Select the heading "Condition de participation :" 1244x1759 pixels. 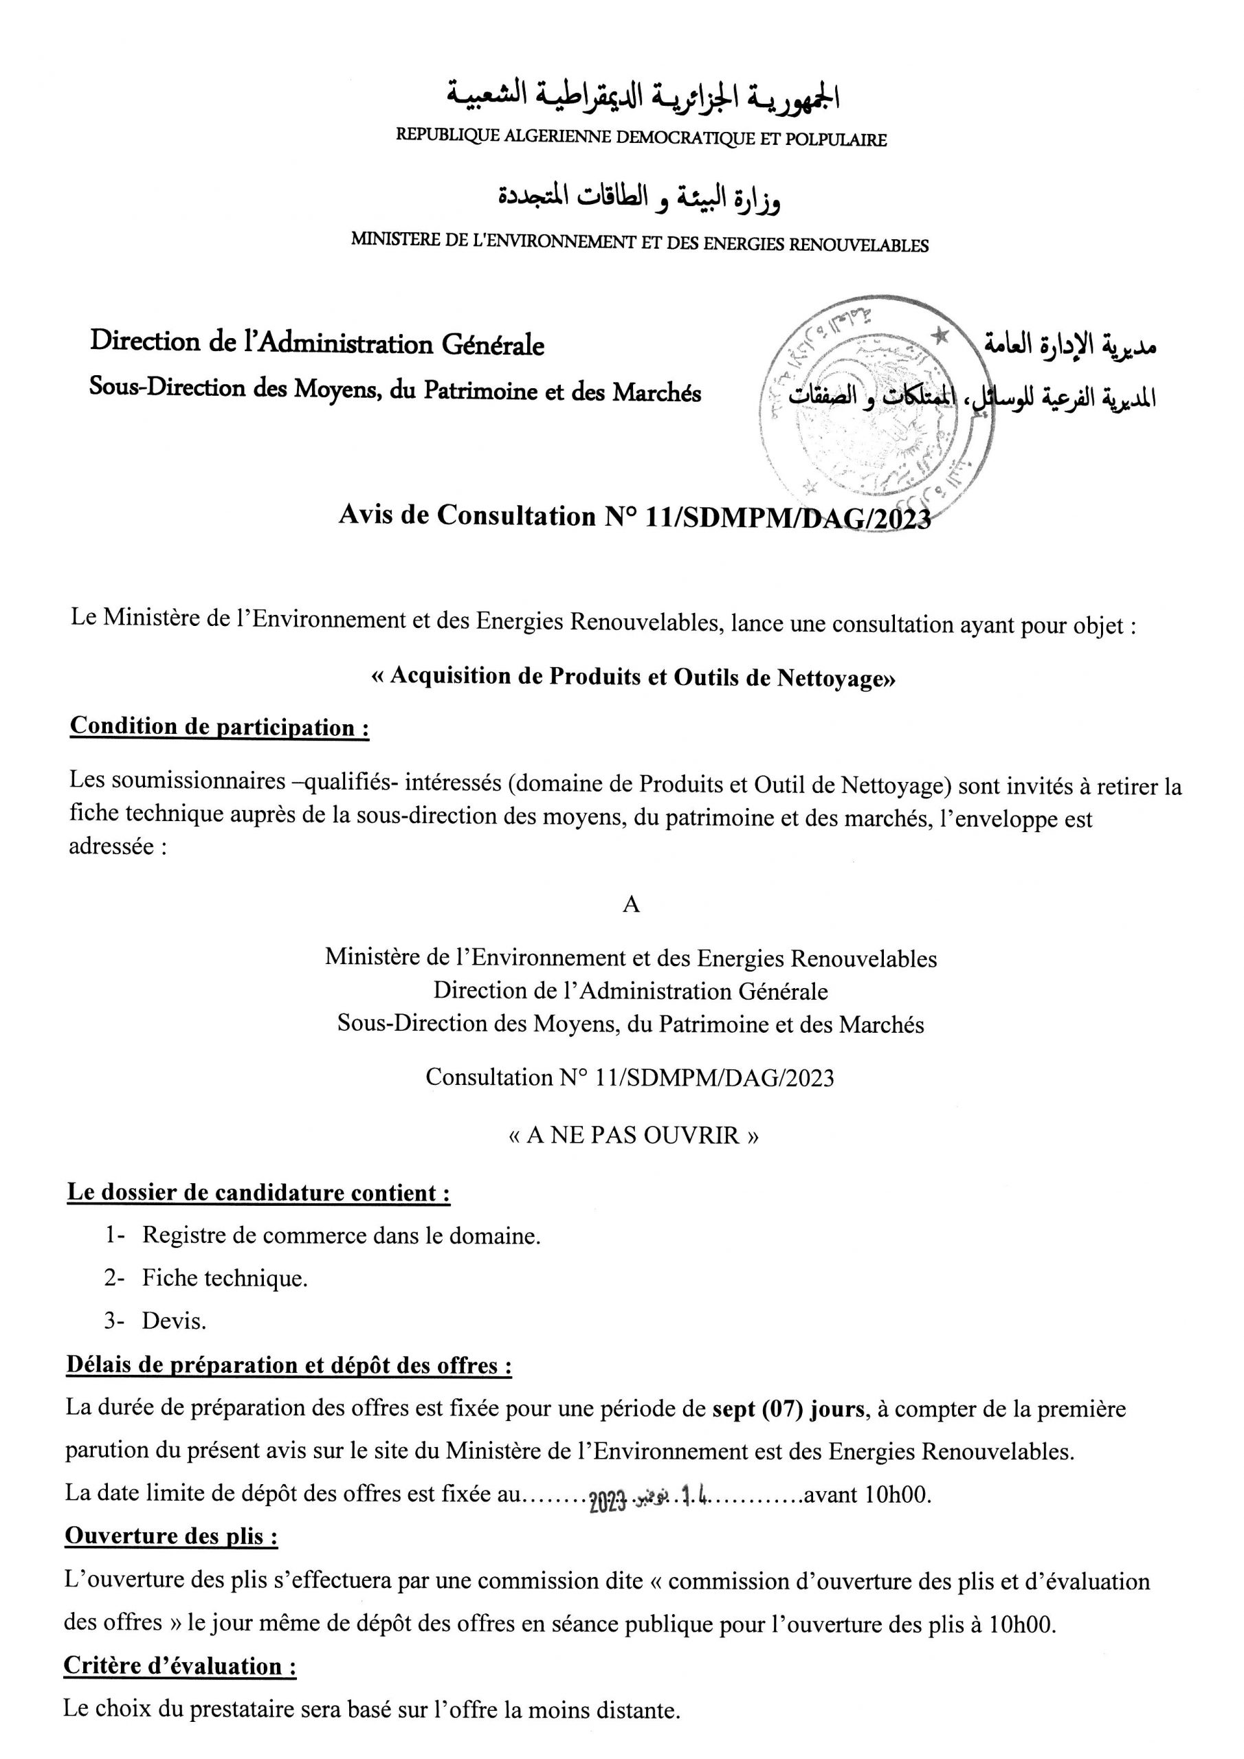[x=219, y=726]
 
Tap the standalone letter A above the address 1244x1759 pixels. [x=631, y=904]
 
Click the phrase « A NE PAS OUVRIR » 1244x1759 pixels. [x=633, y=1134]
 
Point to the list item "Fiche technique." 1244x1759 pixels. [x=225, y=1278]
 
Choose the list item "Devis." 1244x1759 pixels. [x=174, y=1321]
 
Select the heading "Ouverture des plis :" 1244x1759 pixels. [x=171, y=1536]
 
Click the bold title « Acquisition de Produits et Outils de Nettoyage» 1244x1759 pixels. [x=632, y=677]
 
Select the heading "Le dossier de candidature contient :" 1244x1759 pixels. [x=258, y=1193]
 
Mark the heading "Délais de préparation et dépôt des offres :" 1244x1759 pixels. [x=288, y=1365]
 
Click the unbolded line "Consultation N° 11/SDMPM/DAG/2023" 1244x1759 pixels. [x=630, y=1077]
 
